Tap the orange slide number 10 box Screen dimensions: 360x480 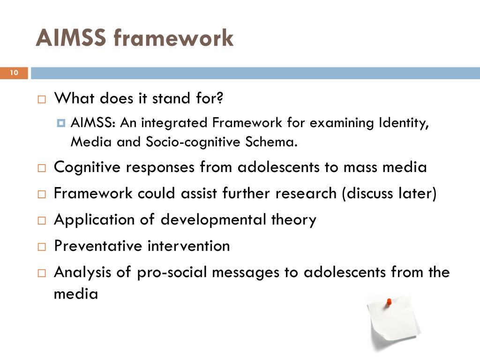(14, 73)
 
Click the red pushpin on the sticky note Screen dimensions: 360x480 (389, 302)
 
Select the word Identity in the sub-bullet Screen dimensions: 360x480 (404, 123)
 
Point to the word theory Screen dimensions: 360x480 (294, 219)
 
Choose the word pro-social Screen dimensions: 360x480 (171, 272)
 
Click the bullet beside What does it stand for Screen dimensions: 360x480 (42, 100)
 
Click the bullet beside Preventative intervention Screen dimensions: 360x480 (42, 247)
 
